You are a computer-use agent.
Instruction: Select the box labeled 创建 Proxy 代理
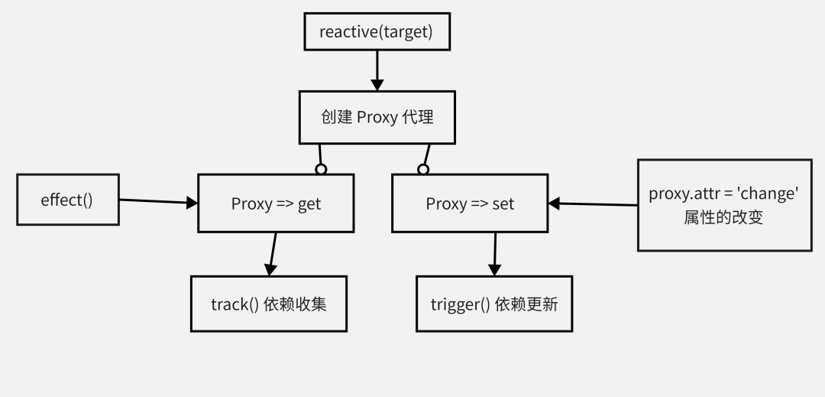[377, 118]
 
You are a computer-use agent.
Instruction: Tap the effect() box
[67, 200]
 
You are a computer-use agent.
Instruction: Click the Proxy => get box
[276, 204]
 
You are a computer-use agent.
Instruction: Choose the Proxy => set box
[470, 204]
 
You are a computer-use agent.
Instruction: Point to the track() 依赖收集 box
[269, 304]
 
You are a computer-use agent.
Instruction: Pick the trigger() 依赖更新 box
[494, 304]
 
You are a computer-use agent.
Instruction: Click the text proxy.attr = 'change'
[724, 194]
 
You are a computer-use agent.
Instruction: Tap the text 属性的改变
[724, 216]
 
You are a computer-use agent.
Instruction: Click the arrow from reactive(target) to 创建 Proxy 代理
[376, 70]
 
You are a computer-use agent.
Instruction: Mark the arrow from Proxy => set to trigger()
[495, 253]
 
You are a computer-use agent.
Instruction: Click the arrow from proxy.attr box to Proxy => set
[593, 204]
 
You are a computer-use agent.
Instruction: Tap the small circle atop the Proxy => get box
[321, 169]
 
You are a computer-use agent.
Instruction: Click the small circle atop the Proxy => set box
[422, 169]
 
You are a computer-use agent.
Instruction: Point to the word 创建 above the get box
[336, 118]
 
